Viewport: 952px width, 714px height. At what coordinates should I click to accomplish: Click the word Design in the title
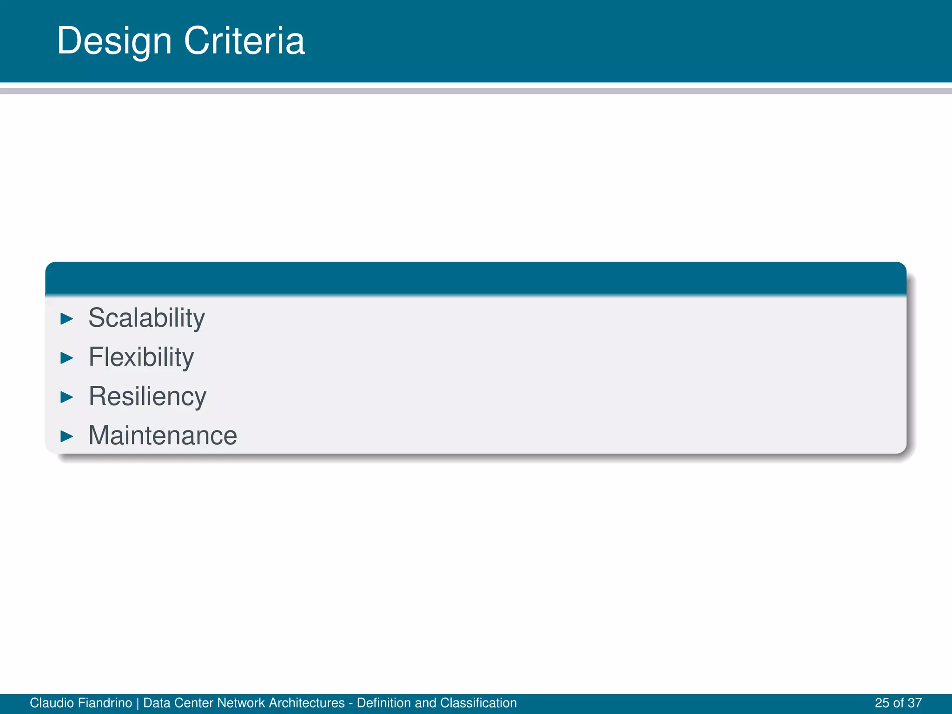114,41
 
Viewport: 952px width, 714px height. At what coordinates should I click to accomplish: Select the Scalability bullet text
146,318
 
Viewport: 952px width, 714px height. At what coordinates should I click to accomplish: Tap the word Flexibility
141,357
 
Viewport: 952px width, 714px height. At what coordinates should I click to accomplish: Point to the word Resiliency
147,397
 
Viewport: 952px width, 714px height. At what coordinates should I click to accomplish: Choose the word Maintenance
163,436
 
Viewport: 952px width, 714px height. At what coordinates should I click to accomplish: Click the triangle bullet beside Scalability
67,319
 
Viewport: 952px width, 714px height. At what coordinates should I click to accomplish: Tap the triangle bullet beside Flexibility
67,358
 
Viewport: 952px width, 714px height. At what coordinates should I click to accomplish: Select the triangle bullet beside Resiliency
67,397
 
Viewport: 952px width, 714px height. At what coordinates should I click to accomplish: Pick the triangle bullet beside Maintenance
67,436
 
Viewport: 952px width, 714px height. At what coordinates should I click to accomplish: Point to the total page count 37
914,703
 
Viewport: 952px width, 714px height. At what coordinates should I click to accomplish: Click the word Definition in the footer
383,703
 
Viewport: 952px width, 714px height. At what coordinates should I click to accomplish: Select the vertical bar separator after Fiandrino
138,703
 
